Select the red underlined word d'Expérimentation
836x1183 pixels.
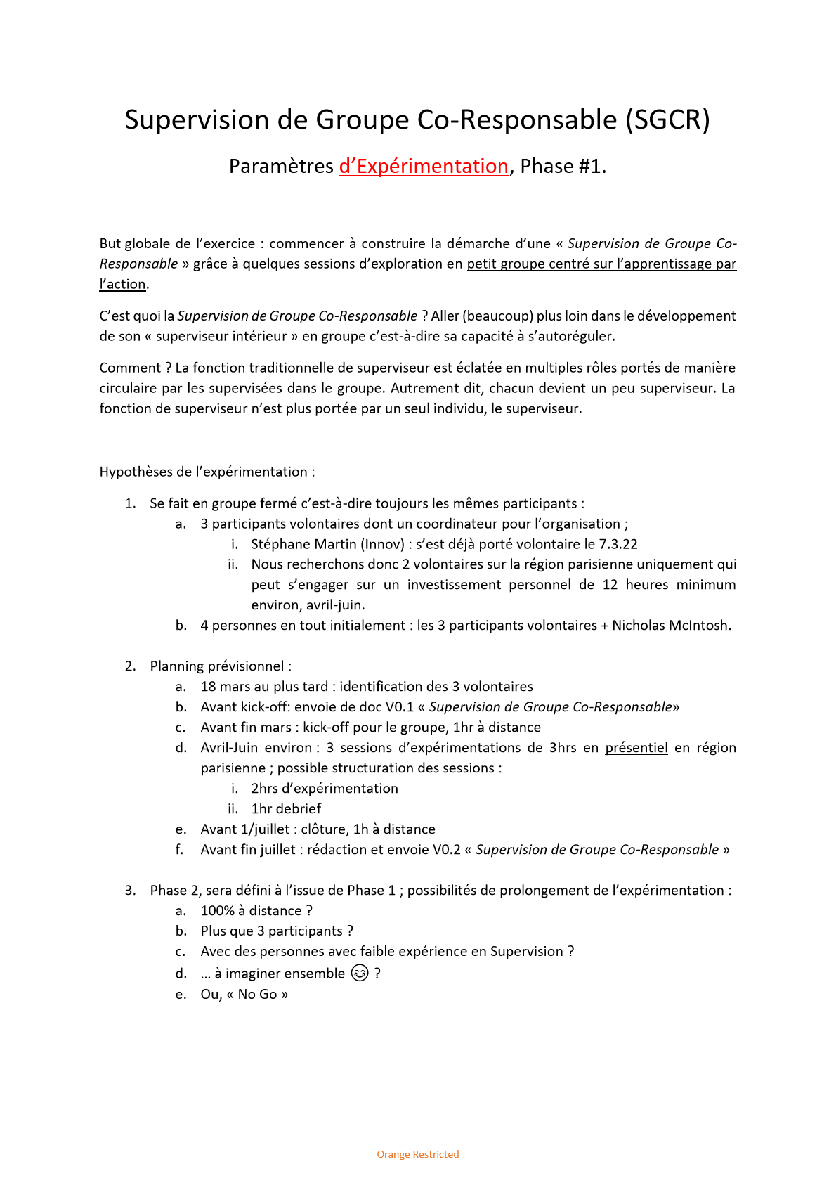(x=424, y=167)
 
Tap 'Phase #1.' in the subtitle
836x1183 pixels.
(x=563, y=167)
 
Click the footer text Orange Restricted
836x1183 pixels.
(x=417, y=1154)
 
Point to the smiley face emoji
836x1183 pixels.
(x=360, y=973)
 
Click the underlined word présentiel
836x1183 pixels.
(x=636, y=748)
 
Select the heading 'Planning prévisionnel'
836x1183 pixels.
(x=218, y=666)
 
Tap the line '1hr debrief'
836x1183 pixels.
(x=286, y=809)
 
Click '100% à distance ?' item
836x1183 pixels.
(x=256, y=911)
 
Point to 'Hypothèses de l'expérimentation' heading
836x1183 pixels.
(x=207, y=472)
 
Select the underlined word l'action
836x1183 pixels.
(x=123, y=285)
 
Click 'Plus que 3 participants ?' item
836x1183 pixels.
(x=277, y=931)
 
